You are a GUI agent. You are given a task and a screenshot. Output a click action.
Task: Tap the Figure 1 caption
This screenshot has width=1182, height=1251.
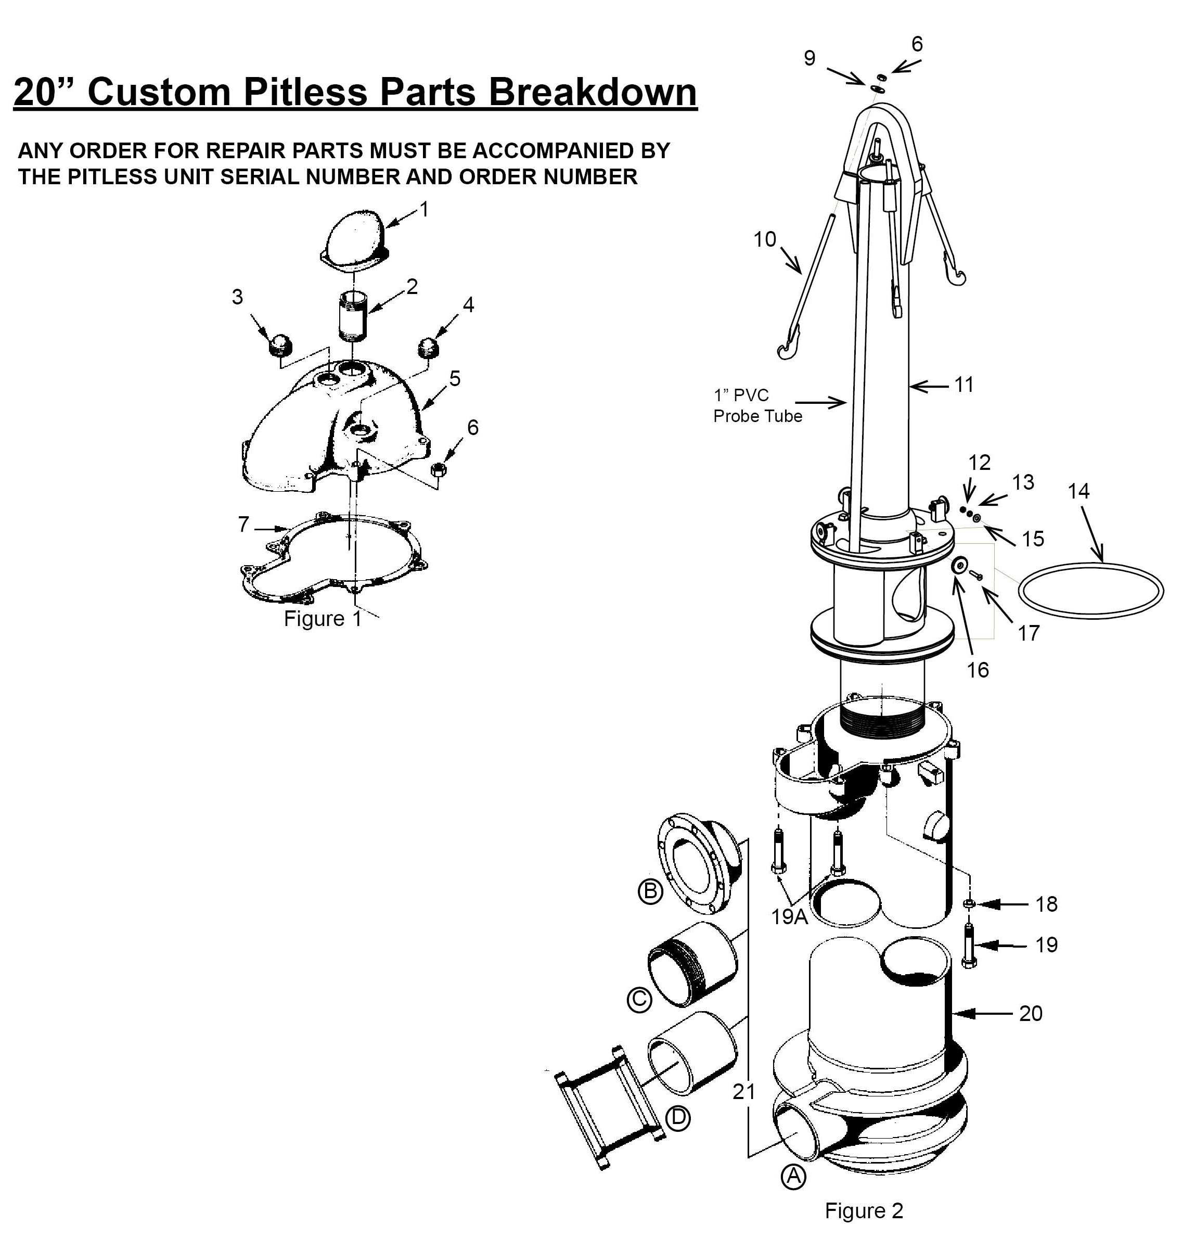(x=323, y=619)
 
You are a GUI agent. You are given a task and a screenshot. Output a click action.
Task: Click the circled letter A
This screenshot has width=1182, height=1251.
(x=793, y=1176)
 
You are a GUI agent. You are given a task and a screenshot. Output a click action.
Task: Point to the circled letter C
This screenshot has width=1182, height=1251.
(x=639, y=1000)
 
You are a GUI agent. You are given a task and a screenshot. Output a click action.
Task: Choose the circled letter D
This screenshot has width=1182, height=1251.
(x=678, y=1118)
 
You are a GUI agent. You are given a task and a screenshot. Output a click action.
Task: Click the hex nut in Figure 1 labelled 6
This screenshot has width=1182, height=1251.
(x=439, y=469)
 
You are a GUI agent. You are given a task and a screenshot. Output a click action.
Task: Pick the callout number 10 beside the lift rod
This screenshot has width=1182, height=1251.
(x=765, y=239)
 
